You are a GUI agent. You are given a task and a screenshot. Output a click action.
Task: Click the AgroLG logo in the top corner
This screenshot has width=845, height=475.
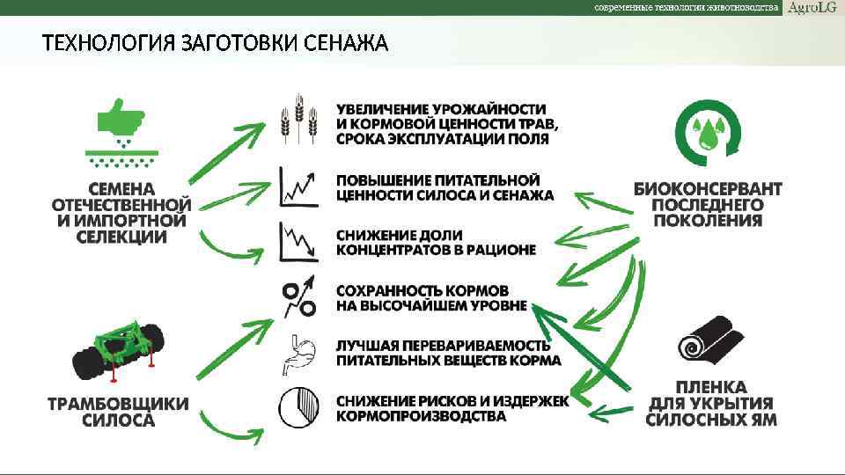(812, 8)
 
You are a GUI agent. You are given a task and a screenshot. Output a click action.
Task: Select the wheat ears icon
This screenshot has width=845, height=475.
(298, 122)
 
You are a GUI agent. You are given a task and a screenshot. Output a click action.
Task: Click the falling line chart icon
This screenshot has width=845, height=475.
(298, 241)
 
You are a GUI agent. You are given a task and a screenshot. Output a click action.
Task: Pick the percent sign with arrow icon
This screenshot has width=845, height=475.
(298, 297)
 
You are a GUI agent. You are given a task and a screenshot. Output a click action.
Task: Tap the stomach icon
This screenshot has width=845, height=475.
(298, 354)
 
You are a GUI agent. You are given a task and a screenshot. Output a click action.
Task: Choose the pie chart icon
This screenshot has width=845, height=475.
(298, 406)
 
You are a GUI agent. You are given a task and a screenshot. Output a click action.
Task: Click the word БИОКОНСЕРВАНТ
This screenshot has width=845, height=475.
(708, 188)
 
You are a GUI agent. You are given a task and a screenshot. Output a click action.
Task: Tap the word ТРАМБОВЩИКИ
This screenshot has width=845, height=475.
(118, 404)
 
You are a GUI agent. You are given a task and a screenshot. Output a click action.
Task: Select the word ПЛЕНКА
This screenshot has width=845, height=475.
(711, 387)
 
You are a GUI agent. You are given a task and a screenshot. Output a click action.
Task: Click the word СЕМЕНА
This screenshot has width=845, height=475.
(121, 189)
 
